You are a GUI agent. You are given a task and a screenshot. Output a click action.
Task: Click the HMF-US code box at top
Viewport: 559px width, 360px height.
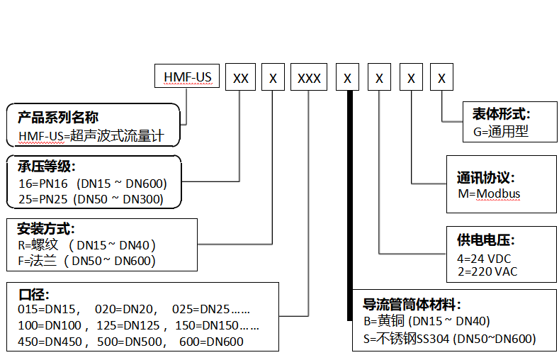click(x=187, y=77)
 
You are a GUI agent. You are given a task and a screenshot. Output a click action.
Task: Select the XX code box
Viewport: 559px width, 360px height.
click(x=241, y=77)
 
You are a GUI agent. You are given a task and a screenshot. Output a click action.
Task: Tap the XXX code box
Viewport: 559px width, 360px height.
click(x=309, y=77)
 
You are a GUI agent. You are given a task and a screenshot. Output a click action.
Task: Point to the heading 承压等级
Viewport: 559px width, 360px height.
click(x=46, y=167)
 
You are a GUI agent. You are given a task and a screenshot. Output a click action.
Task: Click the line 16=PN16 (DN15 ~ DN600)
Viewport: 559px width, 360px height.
click(x=92, y=184)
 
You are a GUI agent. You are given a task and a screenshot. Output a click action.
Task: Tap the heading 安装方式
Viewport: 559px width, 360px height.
click(x=46, y=229)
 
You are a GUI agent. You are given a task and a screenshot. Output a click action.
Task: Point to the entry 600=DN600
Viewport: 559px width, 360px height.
click(x=213, y=342)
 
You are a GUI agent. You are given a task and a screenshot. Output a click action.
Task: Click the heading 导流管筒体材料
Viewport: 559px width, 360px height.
click(x=412, y=305)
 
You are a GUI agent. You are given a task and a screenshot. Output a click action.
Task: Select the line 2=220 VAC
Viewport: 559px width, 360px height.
click(x=487, y=271)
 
